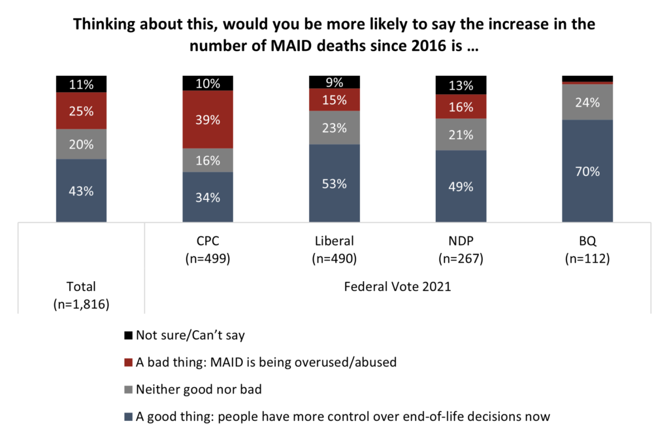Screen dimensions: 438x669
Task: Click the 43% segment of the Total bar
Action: click(81, 191)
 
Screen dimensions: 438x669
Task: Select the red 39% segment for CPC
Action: click(208, 120)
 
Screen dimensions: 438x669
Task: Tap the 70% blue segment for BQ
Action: click(587, 171)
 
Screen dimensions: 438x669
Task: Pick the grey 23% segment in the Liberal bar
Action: click(334, 127)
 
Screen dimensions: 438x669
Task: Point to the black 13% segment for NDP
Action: click(461, 85)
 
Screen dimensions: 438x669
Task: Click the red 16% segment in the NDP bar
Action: click(461, 107)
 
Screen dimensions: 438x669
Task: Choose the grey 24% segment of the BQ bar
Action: click(587, 102)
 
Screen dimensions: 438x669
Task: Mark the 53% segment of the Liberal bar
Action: click(334, 183)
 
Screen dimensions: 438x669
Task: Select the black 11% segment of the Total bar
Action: click(81, 84)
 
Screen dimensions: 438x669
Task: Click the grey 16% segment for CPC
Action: click(208, 160)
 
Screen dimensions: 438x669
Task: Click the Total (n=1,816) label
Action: click(81, 294)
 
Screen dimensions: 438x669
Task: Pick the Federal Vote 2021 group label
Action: click(397, 286)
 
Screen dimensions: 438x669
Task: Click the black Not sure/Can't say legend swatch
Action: click(127, 336)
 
